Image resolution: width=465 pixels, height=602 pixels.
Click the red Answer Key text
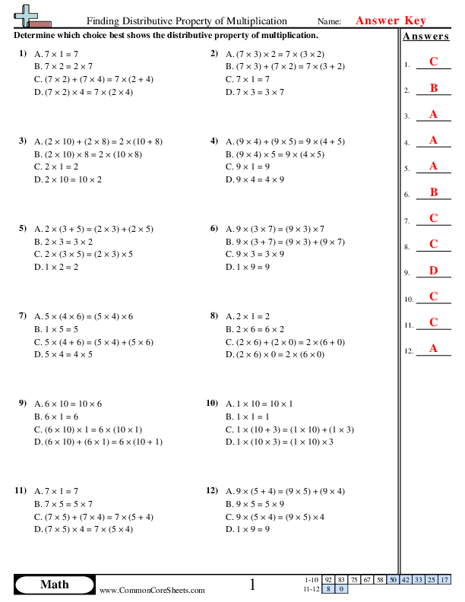click(391, 21)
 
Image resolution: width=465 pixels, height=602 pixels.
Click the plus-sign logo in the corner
click(27, 14)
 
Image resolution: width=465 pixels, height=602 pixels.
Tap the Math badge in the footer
click(54, 585)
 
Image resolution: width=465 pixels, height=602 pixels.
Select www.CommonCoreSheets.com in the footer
click(152, 590)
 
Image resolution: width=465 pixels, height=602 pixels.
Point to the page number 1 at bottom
click(253, 585)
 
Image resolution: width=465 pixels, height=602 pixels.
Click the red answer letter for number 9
click(433, 271)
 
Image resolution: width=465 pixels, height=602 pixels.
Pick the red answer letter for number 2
click(433, 88)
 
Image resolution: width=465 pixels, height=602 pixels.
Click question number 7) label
click(22, 314)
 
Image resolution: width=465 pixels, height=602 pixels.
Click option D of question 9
click(98, 442)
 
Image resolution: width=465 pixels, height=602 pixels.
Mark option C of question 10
click(289, 429)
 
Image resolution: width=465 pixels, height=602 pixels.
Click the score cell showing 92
click(328, 579)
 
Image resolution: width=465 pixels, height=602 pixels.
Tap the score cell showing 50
click(393, 579)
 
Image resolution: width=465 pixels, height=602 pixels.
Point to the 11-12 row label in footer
click(312, 588)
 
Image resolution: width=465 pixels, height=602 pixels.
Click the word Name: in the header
click(329, 22)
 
